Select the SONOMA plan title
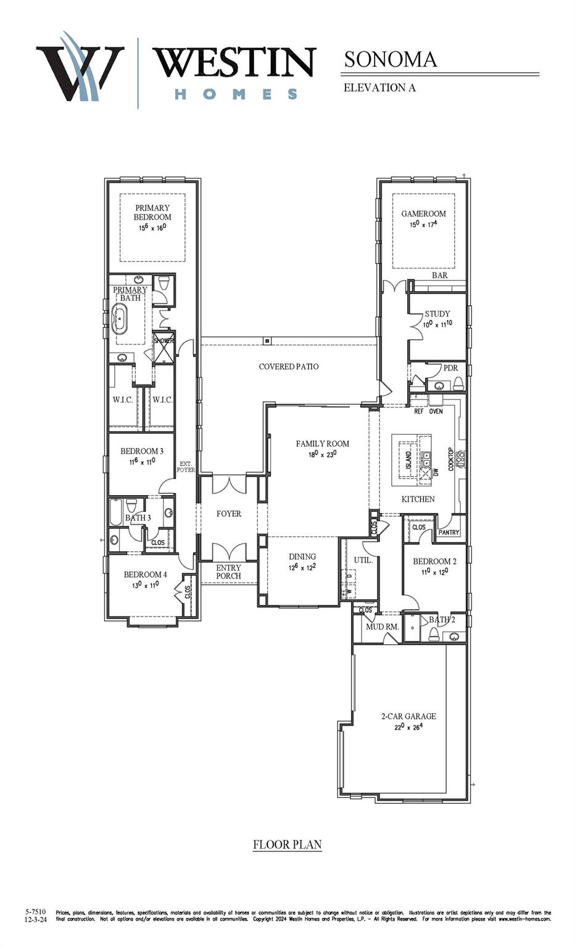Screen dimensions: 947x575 click(x=390, y=59)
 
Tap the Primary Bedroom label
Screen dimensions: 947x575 click(x=152, y=213)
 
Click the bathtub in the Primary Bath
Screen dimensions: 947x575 click(x=120, y=318)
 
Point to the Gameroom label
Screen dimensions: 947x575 click(x=423, y=214)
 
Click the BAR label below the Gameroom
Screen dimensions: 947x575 click(x=439, y=276)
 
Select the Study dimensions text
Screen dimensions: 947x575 click(x=437, y=323)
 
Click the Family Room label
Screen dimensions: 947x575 click(x=322, y=443)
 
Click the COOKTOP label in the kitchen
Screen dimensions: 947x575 click(x=451, y=459)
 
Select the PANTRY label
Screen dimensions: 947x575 click(x=449, y=532)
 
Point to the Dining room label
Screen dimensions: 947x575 click(x=302, y=556)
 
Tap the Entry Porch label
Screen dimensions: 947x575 click(x=228, y=572)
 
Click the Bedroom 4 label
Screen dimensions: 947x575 click(x=145, y=575)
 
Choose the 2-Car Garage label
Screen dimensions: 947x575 click(x=408, y=716)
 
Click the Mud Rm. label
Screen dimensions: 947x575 click(x=383, y=626)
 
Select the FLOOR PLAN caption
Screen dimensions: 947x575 click(x=287, y=845)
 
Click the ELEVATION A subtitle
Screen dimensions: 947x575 click(x=379, y=88)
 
